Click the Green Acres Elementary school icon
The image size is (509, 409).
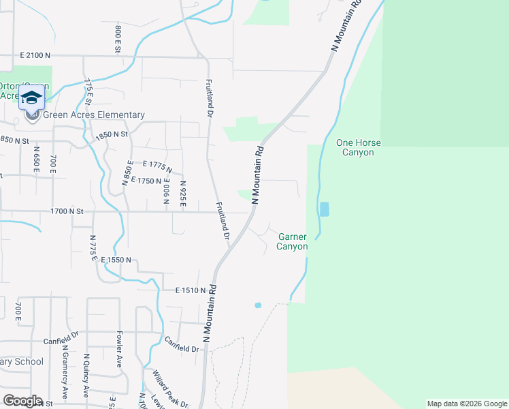[32, 101]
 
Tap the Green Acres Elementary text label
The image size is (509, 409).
[94, 115]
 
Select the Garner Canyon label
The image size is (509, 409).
[292, 241]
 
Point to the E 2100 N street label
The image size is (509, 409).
[46, 55]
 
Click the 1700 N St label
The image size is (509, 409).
[66, 212]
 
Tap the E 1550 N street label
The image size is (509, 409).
[120, 261]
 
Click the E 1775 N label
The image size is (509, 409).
[157, 166]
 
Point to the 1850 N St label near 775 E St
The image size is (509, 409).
[112, 135]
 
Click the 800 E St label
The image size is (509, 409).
[118, 39]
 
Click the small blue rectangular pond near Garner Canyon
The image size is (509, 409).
[324, 209]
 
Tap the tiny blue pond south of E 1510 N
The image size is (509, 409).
[257, 305]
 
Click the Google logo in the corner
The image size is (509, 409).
[22, 401]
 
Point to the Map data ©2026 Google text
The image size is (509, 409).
[467, 404]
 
